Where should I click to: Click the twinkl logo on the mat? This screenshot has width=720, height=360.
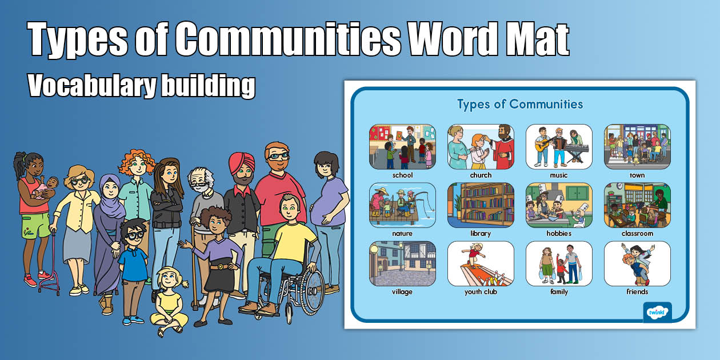(657, 312)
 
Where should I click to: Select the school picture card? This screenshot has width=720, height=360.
(402, 147)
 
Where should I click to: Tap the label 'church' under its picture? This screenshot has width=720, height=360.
(481, 175)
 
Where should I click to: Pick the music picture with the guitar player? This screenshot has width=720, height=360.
(559, 147)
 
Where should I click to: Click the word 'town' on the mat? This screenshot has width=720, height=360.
(637, 175)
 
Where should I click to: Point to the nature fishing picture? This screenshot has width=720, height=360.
(402, 205)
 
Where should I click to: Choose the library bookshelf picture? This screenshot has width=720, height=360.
(481, 205)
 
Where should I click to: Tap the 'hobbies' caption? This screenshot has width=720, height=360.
(559, 234)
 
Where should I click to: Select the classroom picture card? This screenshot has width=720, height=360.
(637, 205)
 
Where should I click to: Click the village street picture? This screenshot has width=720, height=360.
(402, 263)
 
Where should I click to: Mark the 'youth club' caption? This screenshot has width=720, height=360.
(481, 292)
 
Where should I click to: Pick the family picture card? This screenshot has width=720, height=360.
(559, 263)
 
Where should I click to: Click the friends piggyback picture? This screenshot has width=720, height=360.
(637, 263)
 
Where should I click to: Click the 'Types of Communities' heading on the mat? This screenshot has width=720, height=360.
(520, 104)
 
